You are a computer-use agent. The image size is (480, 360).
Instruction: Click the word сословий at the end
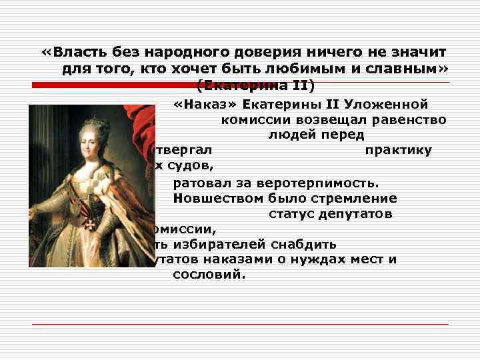(209, 274)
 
